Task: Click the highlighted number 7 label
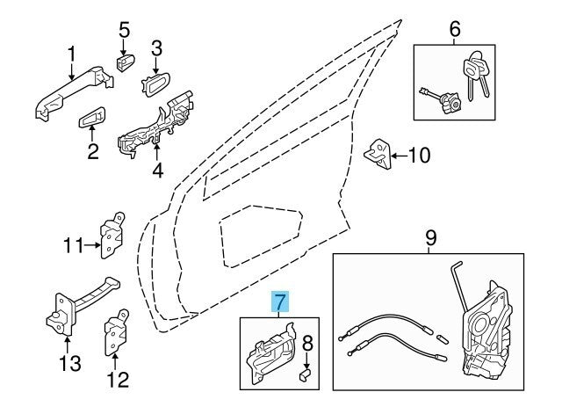pos(278,303)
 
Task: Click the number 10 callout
pos(420,156)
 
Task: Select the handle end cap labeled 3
pos(158,87)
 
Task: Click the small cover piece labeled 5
pos(125,62)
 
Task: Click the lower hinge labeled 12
pos(116,333)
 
